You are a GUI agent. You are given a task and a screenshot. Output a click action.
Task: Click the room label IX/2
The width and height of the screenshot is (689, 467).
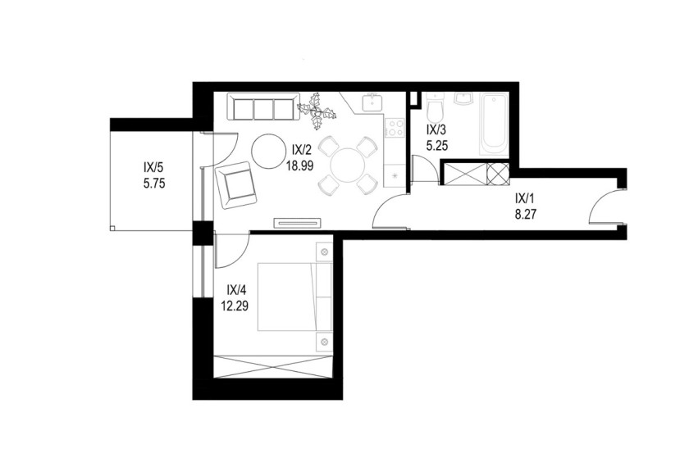point(302,150)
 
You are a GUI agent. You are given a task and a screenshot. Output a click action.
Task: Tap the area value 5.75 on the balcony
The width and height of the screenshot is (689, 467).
point(154,183)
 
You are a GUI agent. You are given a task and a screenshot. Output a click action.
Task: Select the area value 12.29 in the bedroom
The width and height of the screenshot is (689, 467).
point(235,306)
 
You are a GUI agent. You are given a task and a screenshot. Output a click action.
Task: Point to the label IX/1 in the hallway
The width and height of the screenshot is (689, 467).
point(526,199)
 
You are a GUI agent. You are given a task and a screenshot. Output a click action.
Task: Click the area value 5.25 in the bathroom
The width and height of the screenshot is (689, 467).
point(437,145)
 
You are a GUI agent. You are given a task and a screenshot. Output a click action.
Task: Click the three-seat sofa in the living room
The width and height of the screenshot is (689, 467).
point(263,107)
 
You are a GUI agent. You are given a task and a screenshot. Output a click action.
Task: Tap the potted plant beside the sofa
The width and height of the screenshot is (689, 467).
point(317,111)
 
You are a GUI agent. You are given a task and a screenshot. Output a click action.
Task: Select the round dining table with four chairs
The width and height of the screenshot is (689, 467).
point(348,165)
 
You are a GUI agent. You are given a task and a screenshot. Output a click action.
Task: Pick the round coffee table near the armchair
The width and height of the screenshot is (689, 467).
point(268,151)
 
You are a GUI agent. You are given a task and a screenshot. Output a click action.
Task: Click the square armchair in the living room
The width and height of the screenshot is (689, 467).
point(236,185)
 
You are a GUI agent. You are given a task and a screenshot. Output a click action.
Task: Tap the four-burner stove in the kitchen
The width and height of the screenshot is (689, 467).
point(395,127)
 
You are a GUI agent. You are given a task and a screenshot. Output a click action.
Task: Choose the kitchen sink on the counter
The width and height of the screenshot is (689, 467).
point(373,102)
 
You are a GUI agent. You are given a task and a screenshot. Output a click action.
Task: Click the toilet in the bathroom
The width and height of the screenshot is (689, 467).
point(435,108)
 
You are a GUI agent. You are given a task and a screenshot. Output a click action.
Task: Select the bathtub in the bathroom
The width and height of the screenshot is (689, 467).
point(493,124)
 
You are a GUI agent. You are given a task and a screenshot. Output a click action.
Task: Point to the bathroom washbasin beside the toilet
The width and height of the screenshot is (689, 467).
point(463,99)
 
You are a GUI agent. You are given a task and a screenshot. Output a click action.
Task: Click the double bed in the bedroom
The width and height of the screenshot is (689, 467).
point(294,297)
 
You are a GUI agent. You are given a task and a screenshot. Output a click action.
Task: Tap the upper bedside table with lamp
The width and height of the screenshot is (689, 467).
point(325,252)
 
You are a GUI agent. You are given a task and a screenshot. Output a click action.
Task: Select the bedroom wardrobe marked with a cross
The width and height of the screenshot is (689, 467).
point(272,366)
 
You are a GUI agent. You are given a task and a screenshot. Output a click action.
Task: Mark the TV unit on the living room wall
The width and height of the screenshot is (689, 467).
point(299,223)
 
